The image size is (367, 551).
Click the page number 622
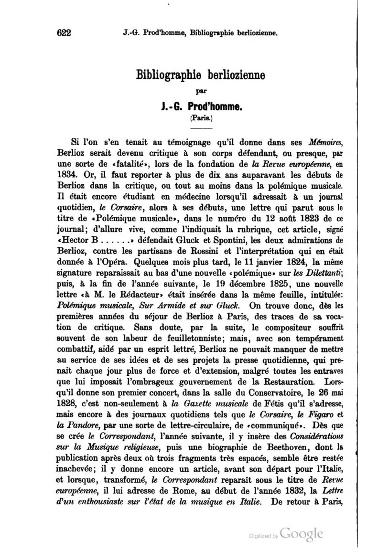pyautogui.click(x=64, y=33)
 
